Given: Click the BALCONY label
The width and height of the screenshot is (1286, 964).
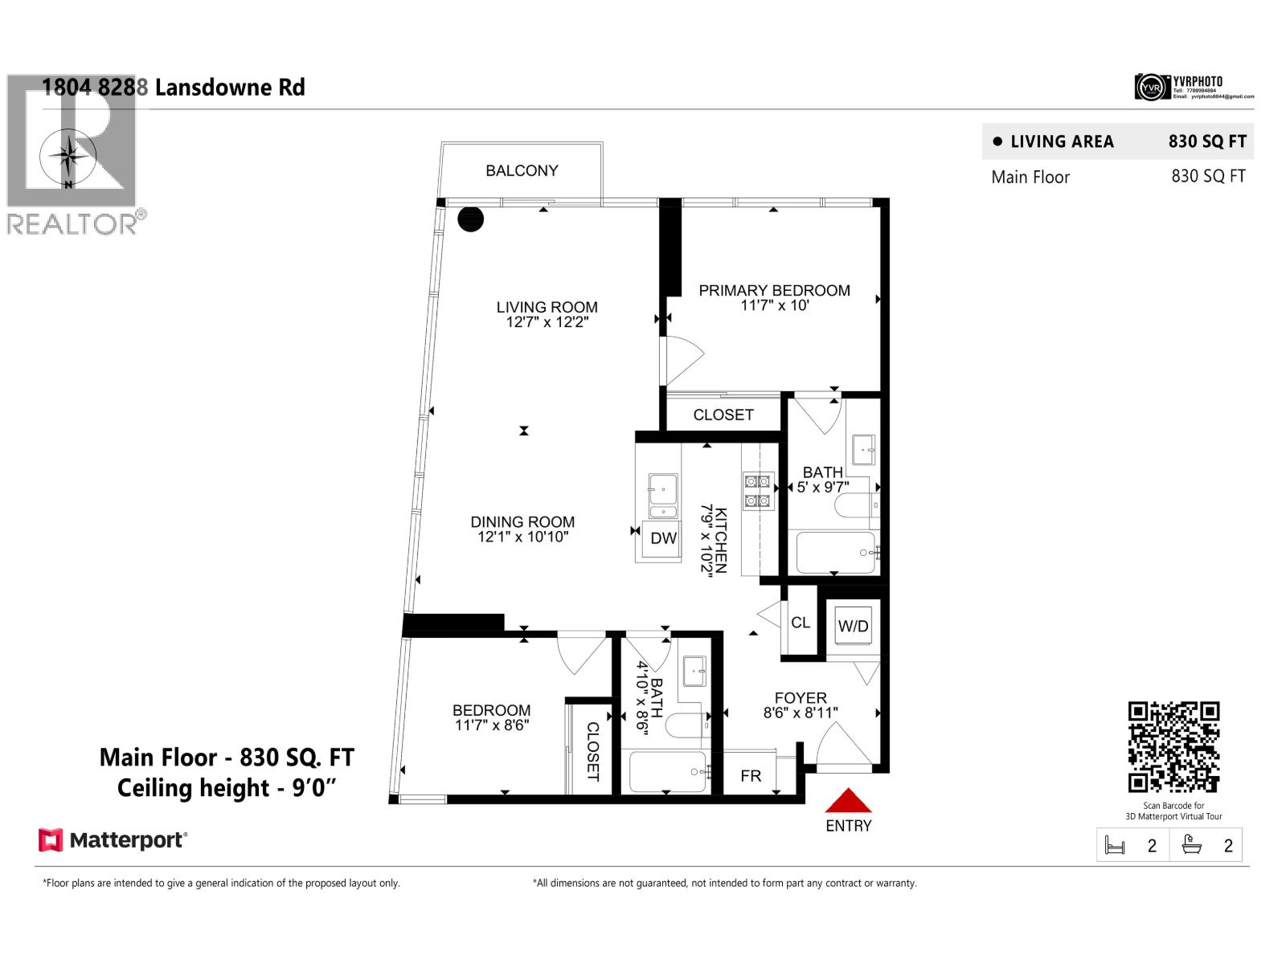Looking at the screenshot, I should pos(522,170).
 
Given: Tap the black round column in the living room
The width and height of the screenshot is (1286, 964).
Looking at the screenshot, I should pos(470,219).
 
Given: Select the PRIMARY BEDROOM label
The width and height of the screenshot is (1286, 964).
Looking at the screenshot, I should pos(774,291).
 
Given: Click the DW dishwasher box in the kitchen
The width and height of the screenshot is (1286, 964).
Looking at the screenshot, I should pos(663,538).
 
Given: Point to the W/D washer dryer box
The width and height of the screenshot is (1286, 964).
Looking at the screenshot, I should pos(853,626).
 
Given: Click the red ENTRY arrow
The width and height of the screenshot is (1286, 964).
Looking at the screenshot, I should pos(848,801).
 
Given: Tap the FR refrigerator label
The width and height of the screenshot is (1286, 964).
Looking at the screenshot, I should pos(750,776).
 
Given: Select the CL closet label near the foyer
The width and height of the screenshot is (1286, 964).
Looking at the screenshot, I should pos(801,623).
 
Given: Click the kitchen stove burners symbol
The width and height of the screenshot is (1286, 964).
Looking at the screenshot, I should pos(757,491).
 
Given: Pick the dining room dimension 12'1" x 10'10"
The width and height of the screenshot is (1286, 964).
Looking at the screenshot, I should pos(522,537).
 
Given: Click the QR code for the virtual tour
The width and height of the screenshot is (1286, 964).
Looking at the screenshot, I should pos(1173,747).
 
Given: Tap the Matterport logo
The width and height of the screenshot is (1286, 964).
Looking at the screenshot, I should pos(113,840).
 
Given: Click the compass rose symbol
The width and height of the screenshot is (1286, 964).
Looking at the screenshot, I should pos(70,156).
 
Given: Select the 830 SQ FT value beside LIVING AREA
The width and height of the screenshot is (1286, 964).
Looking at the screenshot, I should pos(1206,142).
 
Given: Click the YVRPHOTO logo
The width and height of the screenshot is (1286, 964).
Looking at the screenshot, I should pos(1193,87).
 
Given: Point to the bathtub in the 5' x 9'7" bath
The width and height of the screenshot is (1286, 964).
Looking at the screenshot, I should pos(835,553).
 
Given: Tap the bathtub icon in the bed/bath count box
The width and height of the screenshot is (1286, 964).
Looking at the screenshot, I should pos(1191,845).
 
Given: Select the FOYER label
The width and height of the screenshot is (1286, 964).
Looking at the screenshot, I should pos(801,698).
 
